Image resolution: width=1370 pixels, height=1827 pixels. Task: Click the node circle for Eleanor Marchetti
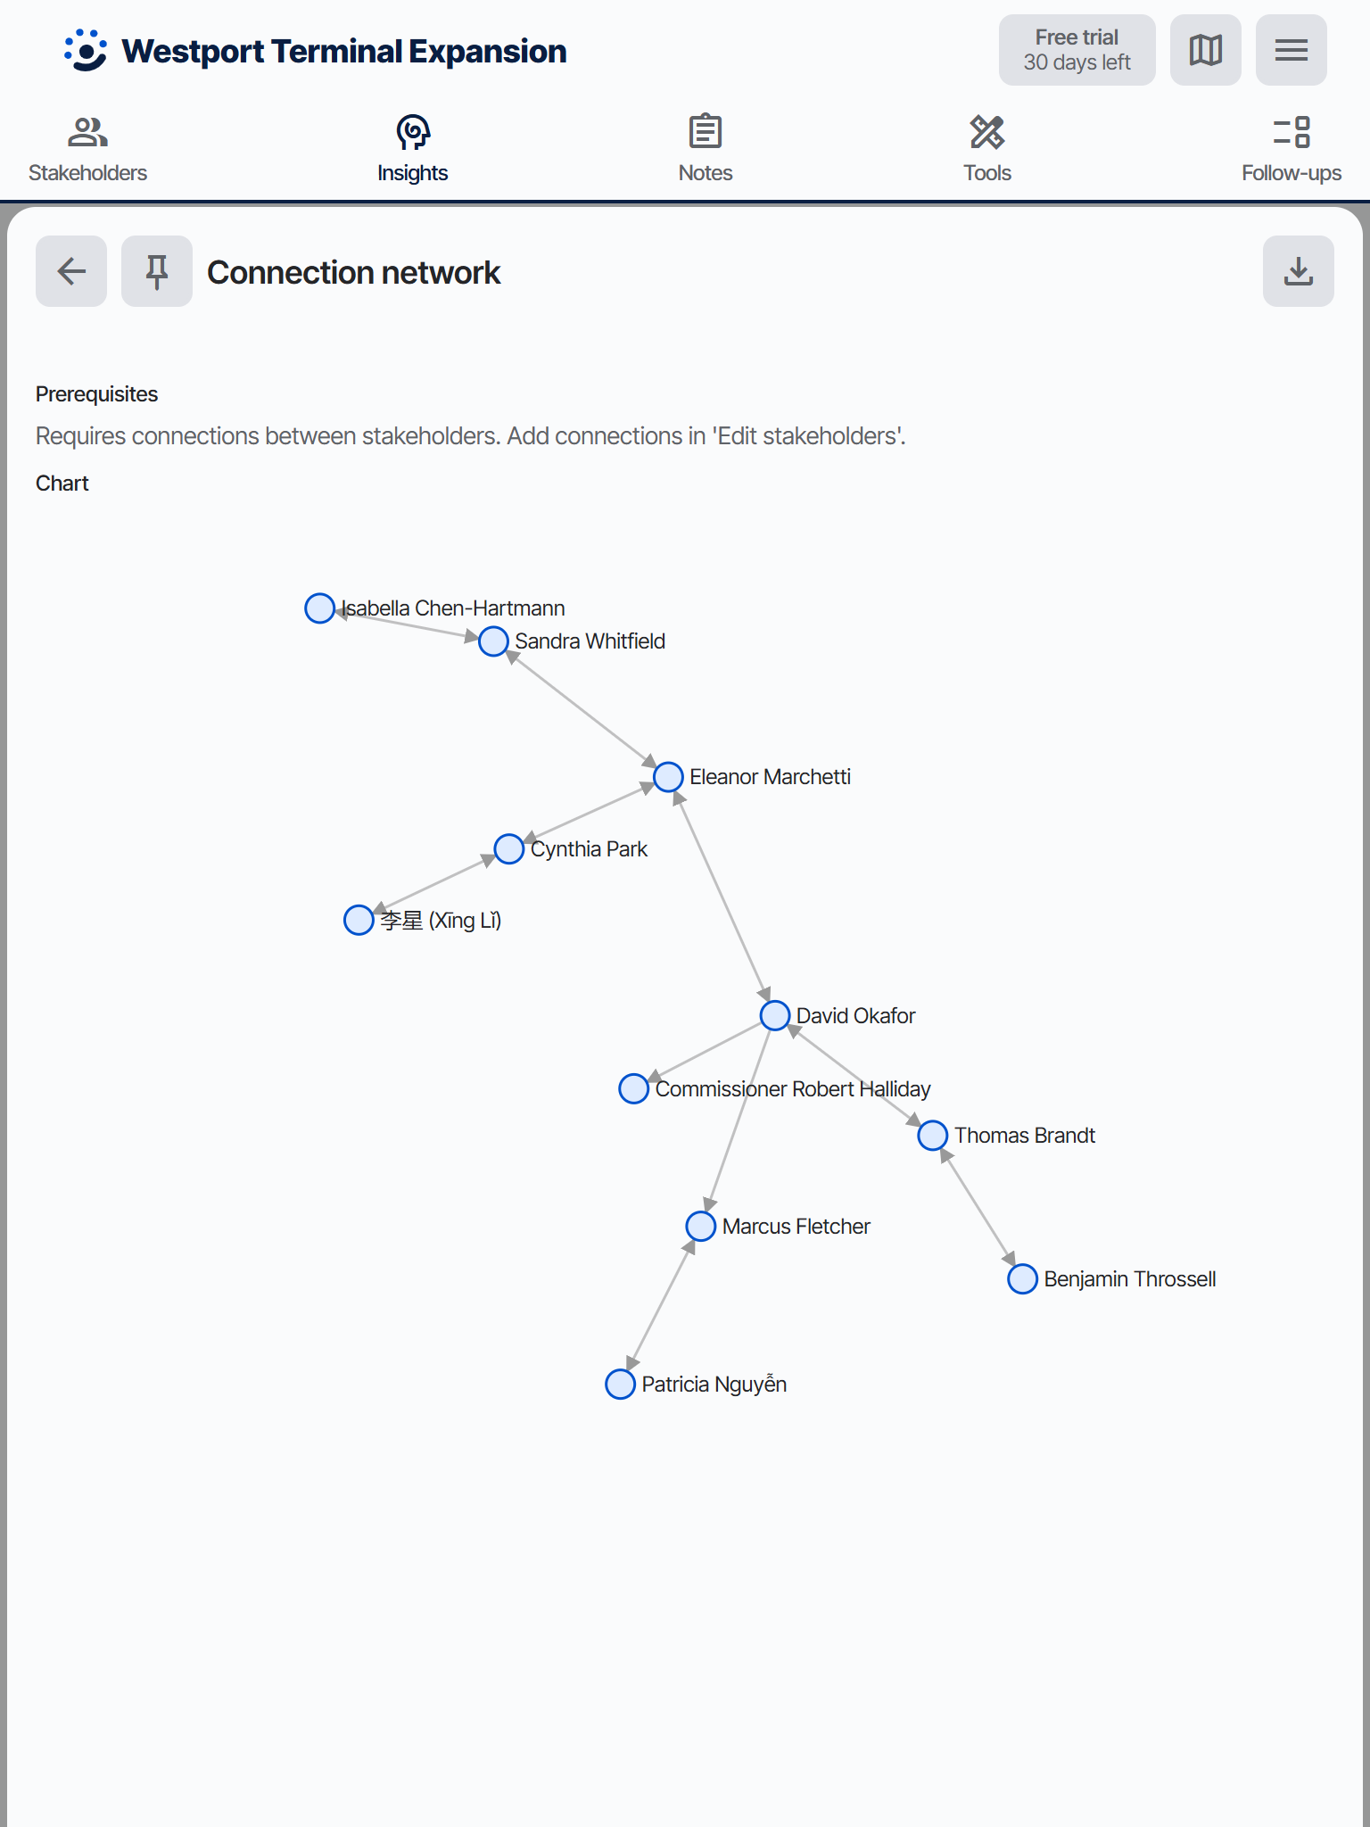pyautogui.click(x=668, y=777)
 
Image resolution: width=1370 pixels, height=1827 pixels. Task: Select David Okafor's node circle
pyautogui.click(x=775, y=1015)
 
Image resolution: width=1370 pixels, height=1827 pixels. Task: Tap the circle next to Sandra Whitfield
pyautogui.click(x=493, y=641)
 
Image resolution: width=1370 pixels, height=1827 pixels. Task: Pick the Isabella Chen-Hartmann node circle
pyautogui.click(x=319, y=608)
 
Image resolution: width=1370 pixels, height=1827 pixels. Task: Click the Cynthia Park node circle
pyautogui.click(x=508, y=849)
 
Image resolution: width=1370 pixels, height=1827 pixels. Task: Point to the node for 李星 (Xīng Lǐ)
pyautogui.click(x=359, y=920)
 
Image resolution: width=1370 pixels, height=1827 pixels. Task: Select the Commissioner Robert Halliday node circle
pyautogui.click(x=633, y=1088)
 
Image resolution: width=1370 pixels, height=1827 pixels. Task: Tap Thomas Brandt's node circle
pyautogui.click(x=933, y=1136)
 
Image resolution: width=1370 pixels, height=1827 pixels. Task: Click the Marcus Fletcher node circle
pyautogui.click(x=701, y=1227)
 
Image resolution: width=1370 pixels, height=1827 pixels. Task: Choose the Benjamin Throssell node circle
pyautogui.click(x=1022, y=1279)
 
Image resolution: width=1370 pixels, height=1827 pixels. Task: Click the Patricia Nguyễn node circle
pyautogui.click(x=620, y=1385)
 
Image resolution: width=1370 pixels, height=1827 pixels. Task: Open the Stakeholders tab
pyautogui.click(x=87, y=149)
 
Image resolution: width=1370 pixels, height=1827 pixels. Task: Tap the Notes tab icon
pyautogui.click(x=706, y=132)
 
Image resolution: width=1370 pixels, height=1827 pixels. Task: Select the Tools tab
pyautogui.click(x=987, y=149)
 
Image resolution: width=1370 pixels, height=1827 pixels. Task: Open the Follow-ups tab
pyautogui.click(x=1292, y=149)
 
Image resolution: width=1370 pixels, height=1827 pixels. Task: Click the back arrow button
pyautogui.click(x=71, y=271)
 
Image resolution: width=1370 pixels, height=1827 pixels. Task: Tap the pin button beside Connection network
pyautogui.click(x=157, y=271)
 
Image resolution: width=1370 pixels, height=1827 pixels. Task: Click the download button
pyautogui.click(x=1299, y=271)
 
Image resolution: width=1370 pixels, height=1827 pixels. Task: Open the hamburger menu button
pyautogui.click(x=1292, y=50)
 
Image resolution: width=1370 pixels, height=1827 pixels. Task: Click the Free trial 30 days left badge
pyautogui.click(x=1077, y=50)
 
